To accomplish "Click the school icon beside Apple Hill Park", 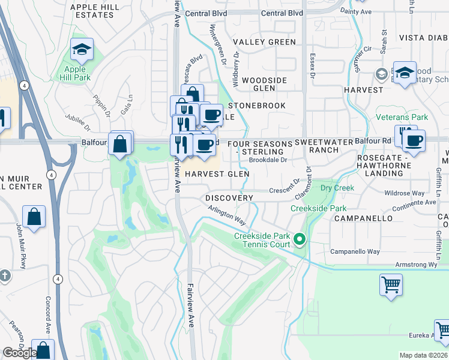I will pyautogui.click(x=82, y=50).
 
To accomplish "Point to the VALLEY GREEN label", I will pyautogui.click(x=264, y=42).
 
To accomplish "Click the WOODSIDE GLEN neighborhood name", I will pyautogui.click(x=264, y=84).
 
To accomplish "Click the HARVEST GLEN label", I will pyautogui.click(x=217, y=174).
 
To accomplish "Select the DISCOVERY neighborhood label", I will pyautogui.click(x=229, y=198).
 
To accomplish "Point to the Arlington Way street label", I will pyautogui.click(x=228, y=214).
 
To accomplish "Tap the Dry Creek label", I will pyautogui.click(x=337, y=188).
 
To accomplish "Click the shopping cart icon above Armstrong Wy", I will pyautogui.click(x=391, y=284).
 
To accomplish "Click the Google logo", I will pyautogui.click(x=20, y=353).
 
